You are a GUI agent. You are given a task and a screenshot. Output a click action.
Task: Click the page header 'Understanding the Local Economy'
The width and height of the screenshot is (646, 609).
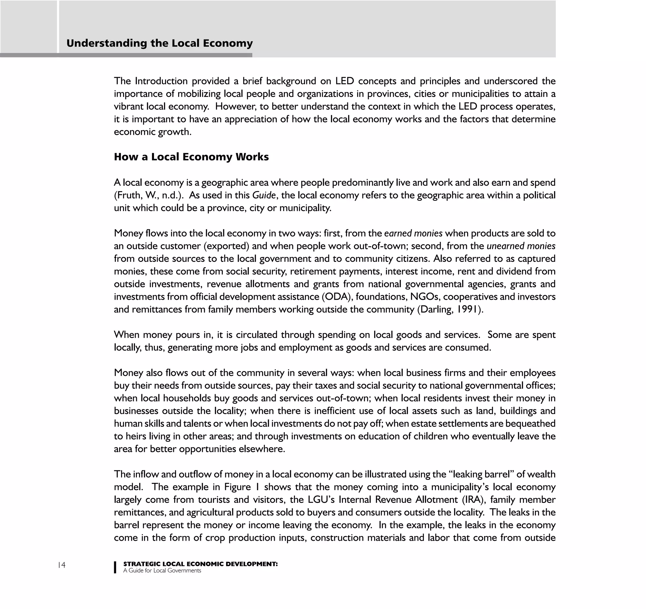click(159, 43)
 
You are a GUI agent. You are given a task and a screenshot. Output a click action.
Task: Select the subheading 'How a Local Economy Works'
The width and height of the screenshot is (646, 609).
click(191, 157)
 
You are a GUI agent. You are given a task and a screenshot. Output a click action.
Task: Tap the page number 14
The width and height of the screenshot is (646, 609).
click(62, 565)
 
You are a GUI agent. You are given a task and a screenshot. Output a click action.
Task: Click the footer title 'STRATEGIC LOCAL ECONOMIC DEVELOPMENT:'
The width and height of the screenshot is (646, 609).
click(200, 564)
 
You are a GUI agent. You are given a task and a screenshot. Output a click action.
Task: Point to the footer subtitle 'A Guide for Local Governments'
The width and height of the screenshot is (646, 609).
click(162, 570)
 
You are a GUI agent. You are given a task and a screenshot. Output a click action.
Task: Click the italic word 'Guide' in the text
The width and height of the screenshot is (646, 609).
click(264, 195)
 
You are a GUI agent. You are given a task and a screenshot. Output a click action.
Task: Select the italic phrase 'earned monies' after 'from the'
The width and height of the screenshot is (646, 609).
click(413, 233)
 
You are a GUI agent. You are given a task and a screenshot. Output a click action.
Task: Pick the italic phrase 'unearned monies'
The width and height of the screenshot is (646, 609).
click(521, 246)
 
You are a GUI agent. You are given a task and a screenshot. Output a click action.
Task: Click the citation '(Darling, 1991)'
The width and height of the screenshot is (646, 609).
click(450, 309)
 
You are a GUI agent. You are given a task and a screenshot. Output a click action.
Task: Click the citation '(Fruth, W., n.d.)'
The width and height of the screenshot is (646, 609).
click(150, 195)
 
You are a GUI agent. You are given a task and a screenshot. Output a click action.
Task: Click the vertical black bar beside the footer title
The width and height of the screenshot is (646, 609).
click(115, 567)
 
